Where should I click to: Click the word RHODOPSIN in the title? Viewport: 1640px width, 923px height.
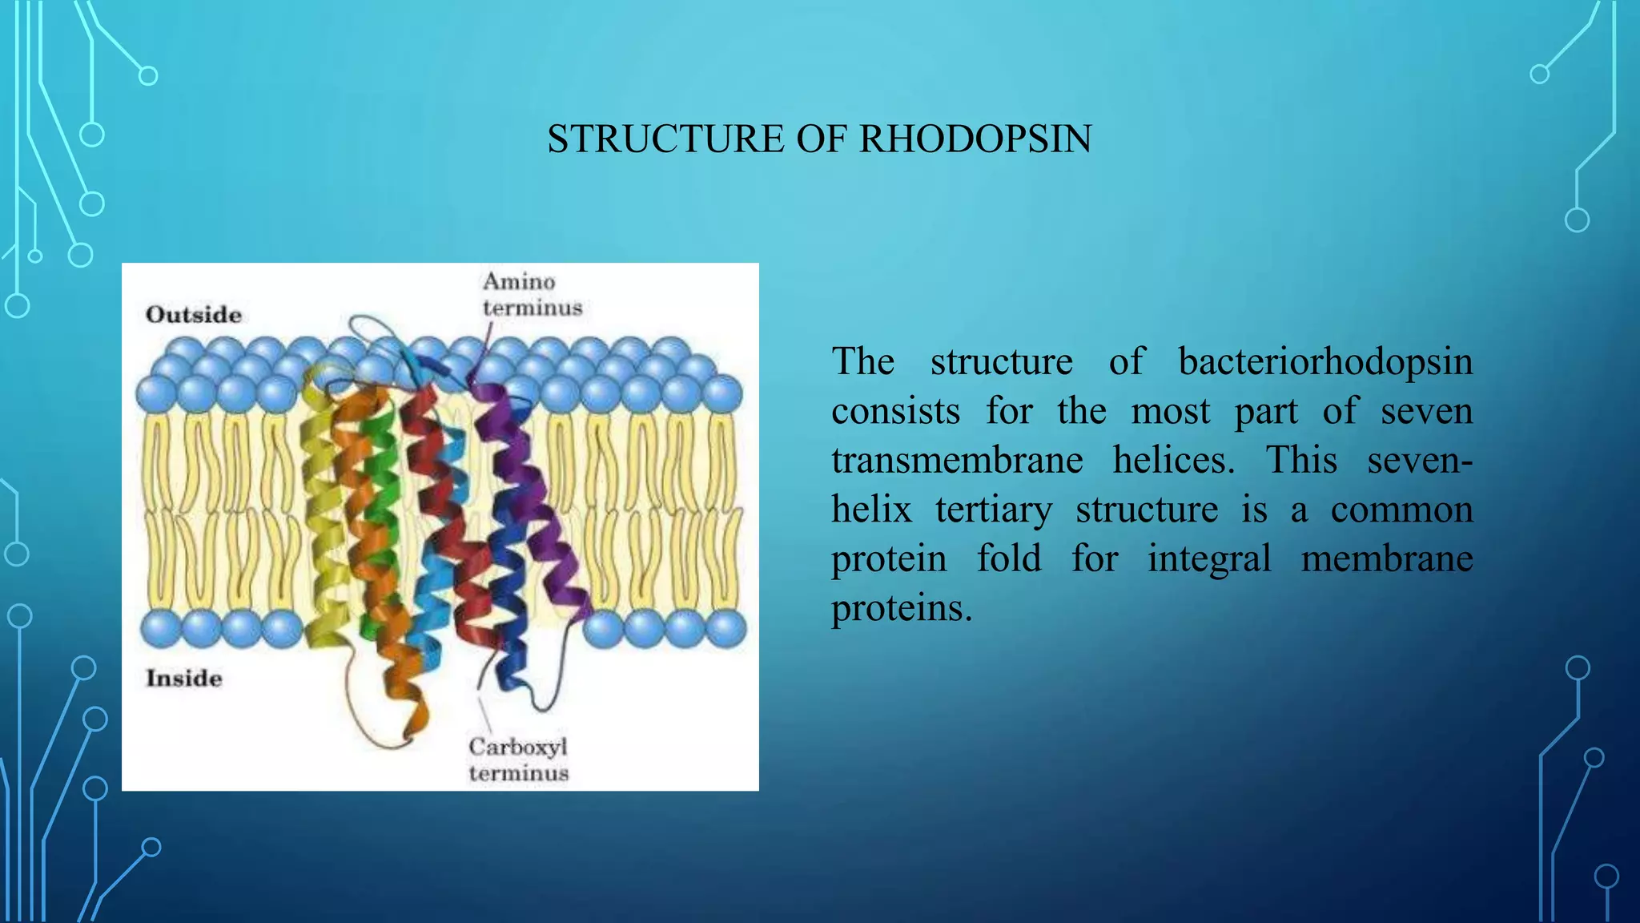(975, 139)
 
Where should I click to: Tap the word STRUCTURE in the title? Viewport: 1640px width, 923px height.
(665, 139)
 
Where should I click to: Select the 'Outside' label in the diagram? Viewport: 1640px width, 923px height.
(194, 314)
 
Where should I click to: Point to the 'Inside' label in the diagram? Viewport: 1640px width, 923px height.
(183, 678)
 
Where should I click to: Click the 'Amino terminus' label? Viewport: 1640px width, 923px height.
(532, 294)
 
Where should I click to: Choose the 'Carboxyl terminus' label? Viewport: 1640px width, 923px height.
(519, 760)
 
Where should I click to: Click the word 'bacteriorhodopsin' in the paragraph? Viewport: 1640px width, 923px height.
(1325, 361)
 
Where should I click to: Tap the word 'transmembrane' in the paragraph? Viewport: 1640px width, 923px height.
(957, 461)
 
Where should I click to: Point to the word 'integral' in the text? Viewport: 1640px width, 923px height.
(1209, 558)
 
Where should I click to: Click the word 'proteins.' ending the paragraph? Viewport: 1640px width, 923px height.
(902, 608)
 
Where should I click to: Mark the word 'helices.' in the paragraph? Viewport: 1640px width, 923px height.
(1174, 461)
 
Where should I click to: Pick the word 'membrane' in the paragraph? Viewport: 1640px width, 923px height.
(1387, 558)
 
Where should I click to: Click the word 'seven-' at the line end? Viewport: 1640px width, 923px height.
(1420, 461)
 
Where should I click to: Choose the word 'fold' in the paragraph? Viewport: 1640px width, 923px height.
(1009, 558)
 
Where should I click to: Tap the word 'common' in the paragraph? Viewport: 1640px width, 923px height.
(1401, 510)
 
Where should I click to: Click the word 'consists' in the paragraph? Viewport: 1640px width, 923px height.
(895, 412)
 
